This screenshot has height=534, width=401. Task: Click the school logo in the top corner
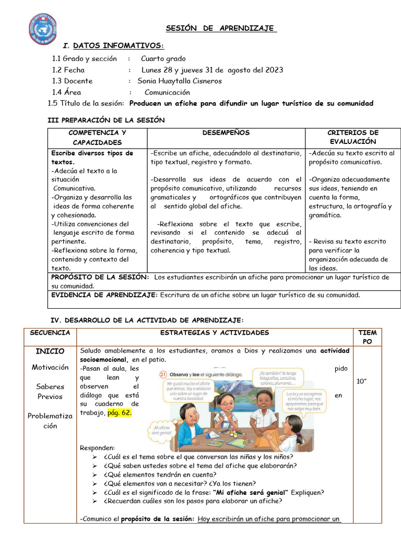coord(44,29)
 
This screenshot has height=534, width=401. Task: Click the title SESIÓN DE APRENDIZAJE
coord(221,28)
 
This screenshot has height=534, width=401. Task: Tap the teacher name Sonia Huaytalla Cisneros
coord(180,81)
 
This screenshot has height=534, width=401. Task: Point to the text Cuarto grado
coord(163,58)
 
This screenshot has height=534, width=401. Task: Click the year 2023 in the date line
coord(275,70)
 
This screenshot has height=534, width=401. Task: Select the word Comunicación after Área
coord(167,92)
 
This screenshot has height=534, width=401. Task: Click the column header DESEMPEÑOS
coord(226,133)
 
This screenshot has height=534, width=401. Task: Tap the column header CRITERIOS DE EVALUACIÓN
coord(352,137)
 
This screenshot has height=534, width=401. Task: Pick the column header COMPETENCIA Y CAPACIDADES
coord(97,138)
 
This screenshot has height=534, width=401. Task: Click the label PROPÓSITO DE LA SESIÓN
coord(100,277)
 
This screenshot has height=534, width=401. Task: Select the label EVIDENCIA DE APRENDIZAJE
coord(104,295)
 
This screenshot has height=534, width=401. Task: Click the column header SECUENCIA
coord(50,333)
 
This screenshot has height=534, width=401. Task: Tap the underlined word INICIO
coord(50,351)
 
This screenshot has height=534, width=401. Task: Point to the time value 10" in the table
coord(362,382)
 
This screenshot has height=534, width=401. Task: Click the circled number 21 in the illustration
coord(163,374)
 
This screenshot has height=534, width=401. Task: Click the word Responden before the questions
coord(97,448)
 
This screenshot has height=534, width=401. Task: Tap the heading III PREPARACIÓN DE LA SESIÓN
coord(106,120)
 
